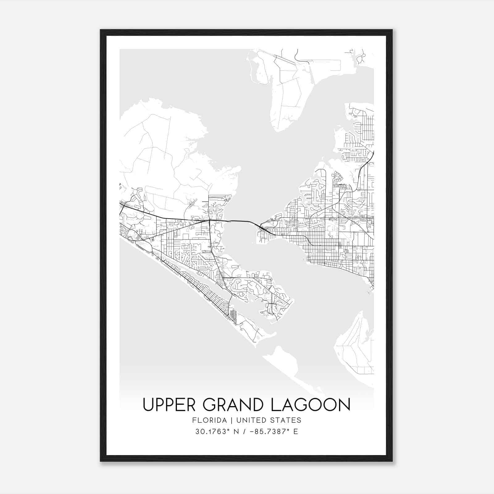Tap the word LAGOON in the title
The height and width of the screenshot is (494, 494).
pos(311,404)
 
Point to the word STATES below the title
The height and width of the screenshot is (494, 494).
pos(286,420)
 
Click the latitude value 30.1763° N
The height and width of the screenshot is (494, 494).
pos(216,432)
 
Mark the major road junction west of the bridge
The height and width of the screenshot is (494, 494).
pos(209,220)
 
